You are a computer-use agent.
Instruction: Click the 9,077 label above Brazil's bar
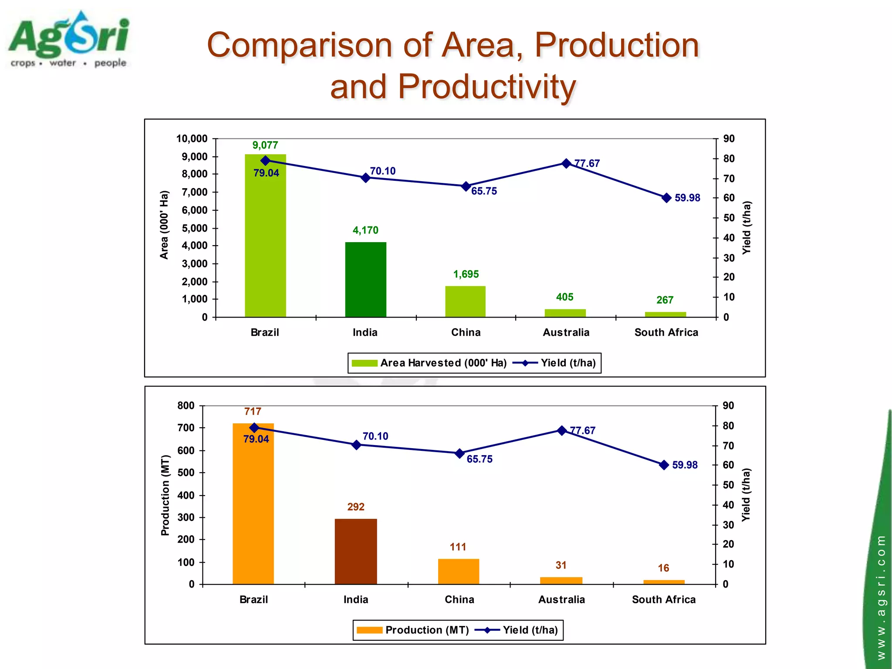[265, 145]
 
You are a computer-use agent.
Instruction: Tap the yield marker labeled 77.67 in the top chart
[566, 163]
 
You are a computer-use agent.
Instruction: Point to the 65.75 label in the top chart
[484, 191]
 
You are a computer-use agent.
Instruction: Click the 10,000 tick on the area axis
[192, 139]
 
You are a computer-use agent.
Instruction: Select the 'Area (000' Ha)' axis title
[164, 225]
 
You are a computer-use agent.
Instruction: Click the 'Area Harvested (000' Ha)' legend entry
[429, 363]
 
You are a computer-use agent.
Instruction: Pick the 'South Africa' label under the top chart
[666, 332]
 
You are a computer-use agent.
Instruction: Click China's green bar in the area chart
[465, 301]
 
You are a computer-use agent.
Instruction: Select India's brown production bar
[356, 551]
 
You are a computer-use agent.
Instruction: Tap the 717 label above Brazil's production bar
[253, 412]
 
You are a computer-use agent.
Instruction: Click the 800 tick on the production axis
[186, 405]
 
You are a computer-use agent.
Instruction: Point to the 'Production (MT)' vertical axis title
[165, 495]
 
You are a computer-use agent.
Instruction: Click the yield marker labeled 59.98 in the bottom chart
[664, 465]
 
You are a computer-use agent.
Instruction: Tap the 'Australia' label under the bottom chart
[561, 600]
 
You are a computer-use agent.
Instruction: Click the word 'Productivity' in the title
[487, 86]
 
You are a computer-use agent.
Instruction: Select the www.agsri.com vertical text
[881, 597]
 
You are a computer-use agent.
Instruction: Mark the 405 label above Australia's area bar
[564, 297]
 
